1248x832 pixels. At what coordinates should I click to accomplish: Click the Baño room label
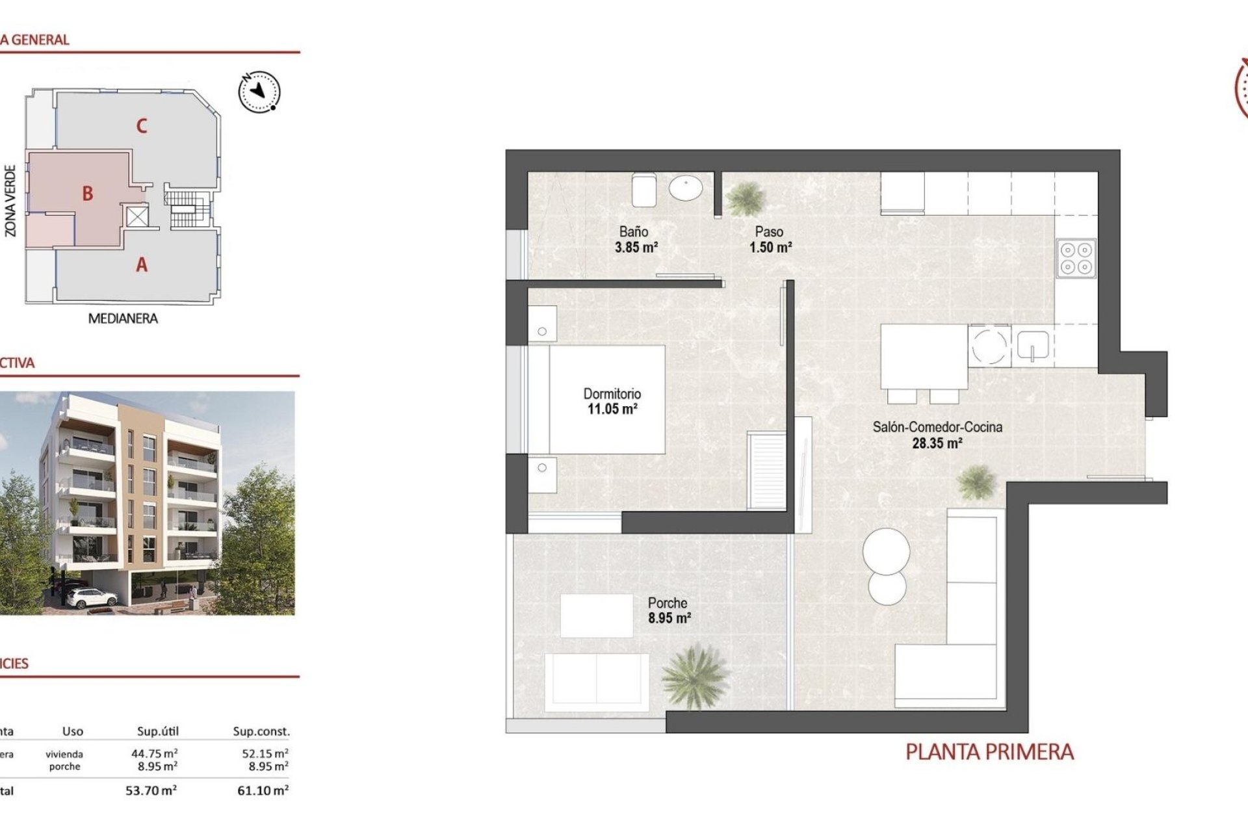tap(633, 231)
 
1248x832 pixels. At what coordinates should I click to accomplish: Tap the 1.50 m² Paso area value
tap(770, 248)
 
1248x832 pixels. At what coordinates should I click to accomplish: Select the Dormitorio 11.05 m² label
tap(612, 402)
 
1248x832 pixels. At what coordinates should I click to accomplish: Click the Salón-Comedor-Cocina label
tap(937, 427)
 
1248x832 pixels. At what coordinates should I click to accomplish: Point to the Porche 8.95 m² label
tap(668, 610)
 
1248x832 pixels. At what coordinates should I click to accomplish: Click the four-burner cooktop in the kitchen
tap(1076, 258)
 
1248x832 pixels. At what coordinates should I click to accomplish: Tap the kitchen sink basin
tap(1032, 346)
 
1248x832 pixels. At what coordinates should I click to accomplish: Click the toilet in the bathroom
tap(643, 189)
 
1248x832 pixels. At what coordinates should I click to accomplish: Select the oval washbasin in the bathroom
tap(686, 188)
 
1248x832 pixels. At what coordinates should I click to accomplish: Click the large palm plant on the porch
tap(694, 676)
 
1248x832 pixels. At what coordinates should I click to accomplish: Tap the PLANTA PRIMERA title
tap(989, 752)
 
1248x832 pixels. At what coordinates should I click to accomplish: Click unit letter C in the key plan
tap(142, 126)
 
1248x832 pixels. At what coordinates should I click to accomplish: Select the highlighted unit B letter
tap(88, 194)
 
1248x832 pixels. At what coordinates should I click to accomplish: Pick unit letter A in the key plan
tap(142, 265)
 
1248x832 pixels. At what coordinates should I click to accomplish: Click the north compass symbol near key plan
tap(259, 92)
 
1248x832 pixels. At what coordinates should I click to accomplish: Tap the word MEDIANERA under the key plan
tap(123, 318)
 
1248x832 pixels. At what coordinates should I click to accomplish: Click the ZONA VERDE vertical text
tap(10, 200)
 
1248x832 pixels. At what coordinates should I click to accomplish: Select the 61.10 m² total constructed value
tap(263, 790)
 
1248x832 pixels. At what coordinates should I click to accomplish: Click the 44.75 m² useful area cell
tap(154, 753)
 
